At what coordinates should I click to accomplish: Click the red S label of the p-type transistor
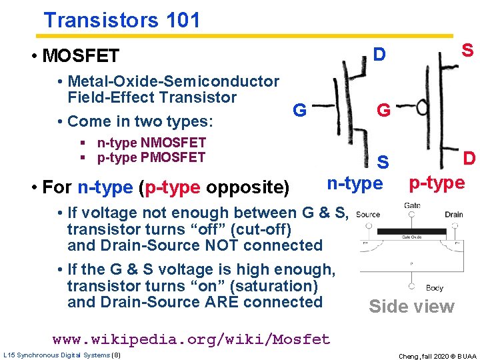pyautogui.click(x=467, y=50)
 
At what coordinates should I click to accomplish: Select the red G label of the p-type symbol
pyautogui.click(x=383, y=110)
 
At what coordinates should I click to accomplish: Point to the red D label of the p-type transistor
pyautogui.click(x=469, y=159)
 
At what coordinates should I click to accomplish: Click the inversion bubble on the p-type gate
pyautogui.click(x=421, y=107)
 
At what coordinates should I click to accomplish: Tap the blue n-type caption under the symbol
pyautogui.click(x=355, y=183)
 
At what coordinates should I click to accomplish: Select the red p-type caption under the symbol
pyautogui.click(x=437, y=183)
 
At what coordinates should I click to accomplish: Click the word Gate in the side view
pyautogui.click(x=412, y=206)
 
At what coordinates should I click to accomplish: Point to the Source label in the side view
pyautogui.click(x=367, y=215)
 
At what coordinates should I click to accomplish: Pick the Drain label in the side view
pyautogui.click(x=453, y=215)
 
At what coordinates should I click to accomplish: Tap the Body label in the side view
pyautogui.click(x=434, y=288)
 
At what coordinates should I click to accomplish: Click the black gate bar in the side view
pyautogui.click(x=411, y=231)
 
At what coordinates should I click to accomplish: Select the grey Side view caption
pyautogui.click(x=411, y=307)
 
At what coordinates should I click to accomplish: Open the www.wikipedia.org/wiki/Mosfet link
pyautogui.click(x=191, y=339)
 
